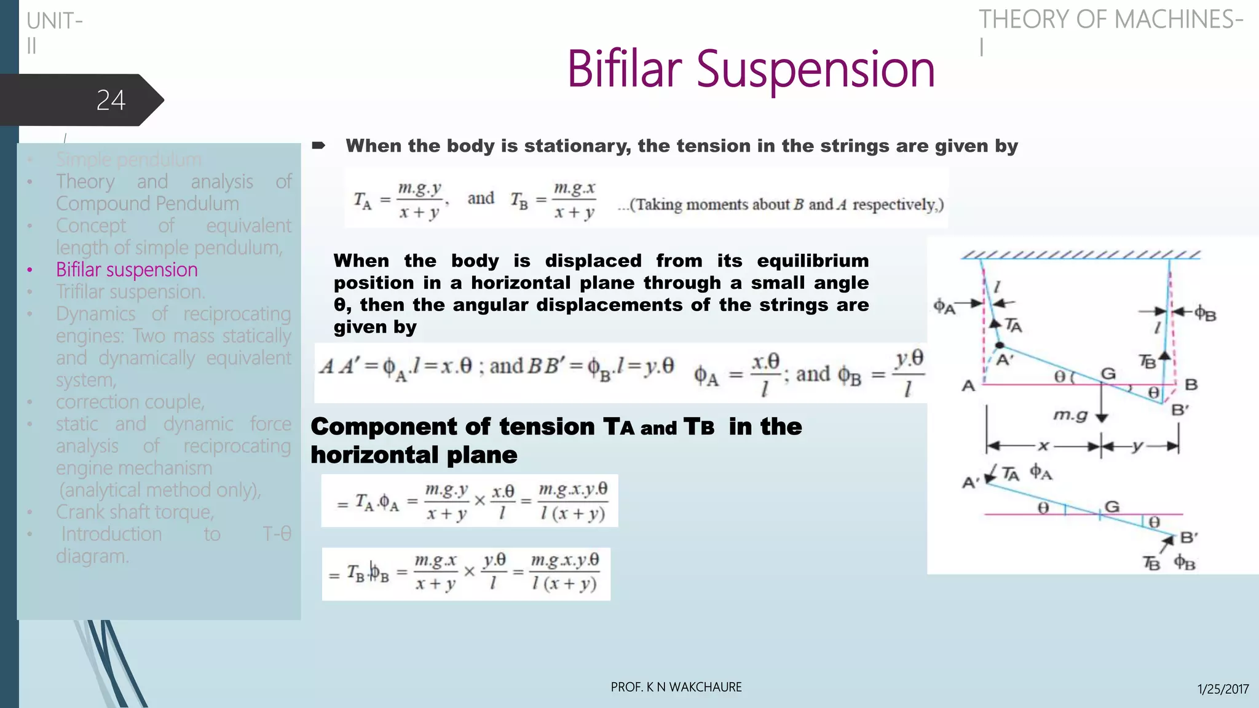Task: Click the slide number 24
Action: pos(111,100)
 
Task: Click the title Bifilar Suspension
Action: pos(751,69)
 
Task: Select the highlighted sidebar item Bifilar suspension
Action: pos(127,270)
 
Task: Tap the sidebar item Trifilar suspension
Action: pos(130,292)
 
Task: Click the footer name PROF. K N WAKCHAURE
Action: pos(676,687)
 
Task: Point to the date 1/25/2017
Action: pos(1223,689)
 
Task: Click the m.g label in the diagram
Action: pos(1070,415)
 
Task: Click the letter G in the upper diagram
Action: pos(1108,374)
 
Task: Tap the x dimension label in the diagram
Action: pos(1043,446)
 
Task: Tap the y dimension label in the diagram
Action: pos(1138,446)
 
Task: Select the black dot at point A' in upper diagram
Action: pos(1000,345)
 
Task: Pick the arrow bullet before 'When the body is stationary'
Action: pos(318,146)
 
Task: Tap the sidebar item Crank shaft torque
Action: pos(135,512)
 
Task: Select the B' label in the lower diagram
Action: pos(1189,538)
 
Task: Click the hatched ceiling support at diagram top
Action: pos(1081,255)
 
